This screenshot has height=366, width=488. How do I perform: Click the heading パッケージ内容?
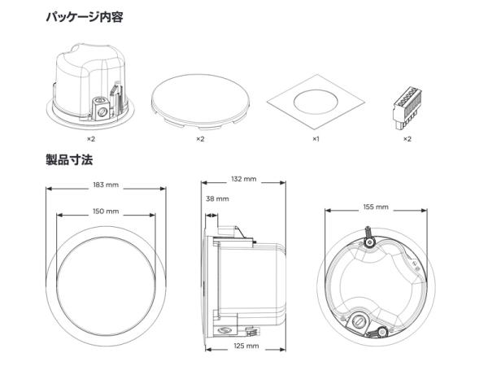pos(85,15)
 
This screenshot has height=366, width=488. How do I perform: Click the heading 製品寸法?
pos(69,159)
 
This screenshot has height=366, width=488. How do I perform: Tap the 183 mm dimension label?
pos(106,185)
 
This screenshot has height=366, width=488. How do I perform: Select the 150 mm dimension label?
pos(106,211)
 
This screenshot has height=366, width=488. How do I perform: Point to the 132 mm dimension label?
pos(244,178)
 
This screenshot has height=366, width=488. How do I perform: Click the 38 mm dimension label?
pos(217,198)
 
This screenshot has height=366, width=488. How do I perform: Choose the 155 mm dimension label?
pos(376,207)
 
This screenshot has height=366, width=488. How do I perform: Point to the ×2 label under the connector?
pos(407,139)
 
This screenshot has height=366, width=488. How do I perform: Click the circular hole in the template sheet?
pos(313,103)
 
